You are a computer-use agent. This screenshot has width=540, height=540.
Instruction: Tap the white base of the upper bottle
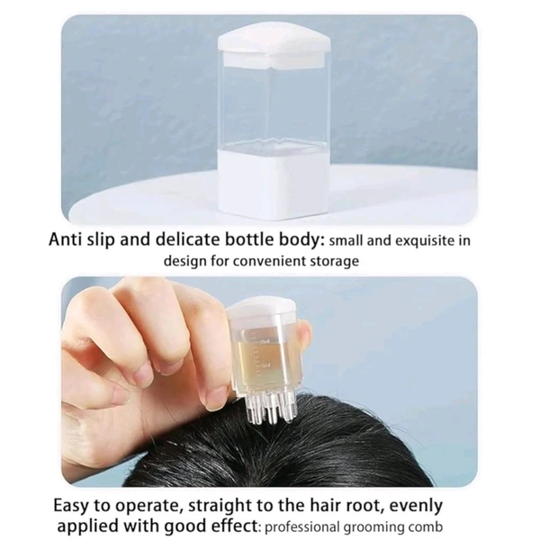click(274, 184)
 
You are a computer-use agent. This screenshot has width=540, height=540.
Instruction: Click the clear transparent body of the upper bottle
click(274, 107)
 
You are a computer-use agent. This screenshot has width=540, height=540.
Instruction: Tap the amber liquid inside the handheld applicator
click(263, 361)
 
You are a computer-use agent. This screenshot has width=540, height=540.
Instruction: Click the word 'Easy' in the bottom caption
click(71, 506)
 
